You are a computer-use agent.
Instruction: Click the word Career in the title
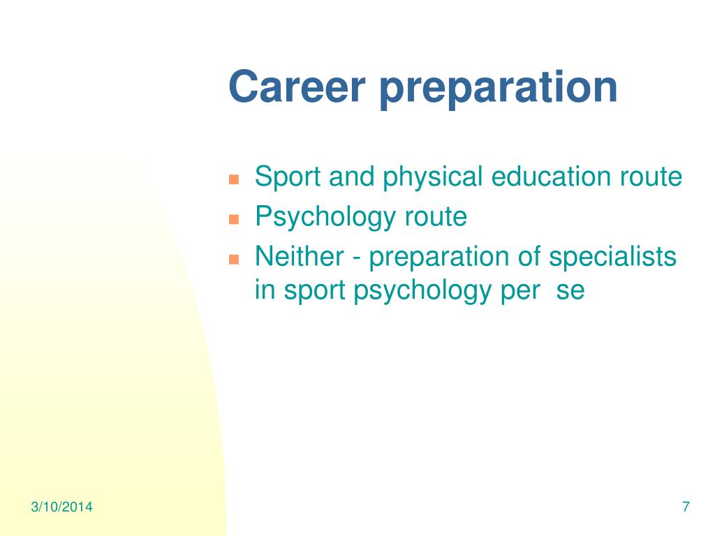pyautogui.click(x=297, y=87)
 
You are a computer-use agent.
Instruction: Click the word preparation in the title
pyautogui.click(x=499, y=89)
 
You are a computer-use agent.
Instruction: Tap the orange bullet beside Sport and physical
pyautogui.click(x=234, y=179)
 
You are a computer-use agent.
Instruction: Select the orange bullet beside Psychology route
pyautogui.click(x=234, y=219)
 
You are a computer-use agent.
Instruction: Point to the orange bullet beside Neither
pyautogui.click(x=234, y=260)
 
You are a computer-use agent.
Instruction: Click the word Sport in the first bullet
pyautogui.click(x=288, y=177)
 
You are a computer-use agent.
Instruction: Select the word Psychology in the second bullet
pyautogui.click(x=325, y=217)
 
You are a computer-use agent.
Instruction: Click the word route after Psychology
pyautogui.click(x=436, y=218)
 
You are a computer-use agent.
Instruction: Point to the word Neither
pyautogui.click(x=299, y=256)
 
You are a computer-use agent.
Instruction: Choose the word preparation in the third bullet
pyautogui.click(x=438, y=257)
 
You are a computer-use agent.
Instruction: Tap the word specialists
pyautogui.click(x=612, y=257)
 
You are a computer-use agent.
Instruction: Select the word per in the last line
pyautogui.click(x=520, y=292)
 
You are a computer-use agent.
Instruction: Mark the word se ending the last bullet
pyautogui.click(x=570, y=292)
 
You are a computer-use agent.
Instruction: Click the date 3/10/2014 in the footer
pyautogui.click(x=61, y=507)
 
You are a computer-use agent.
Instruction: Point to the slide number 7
pyautogui.click(x=686, y=507)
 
